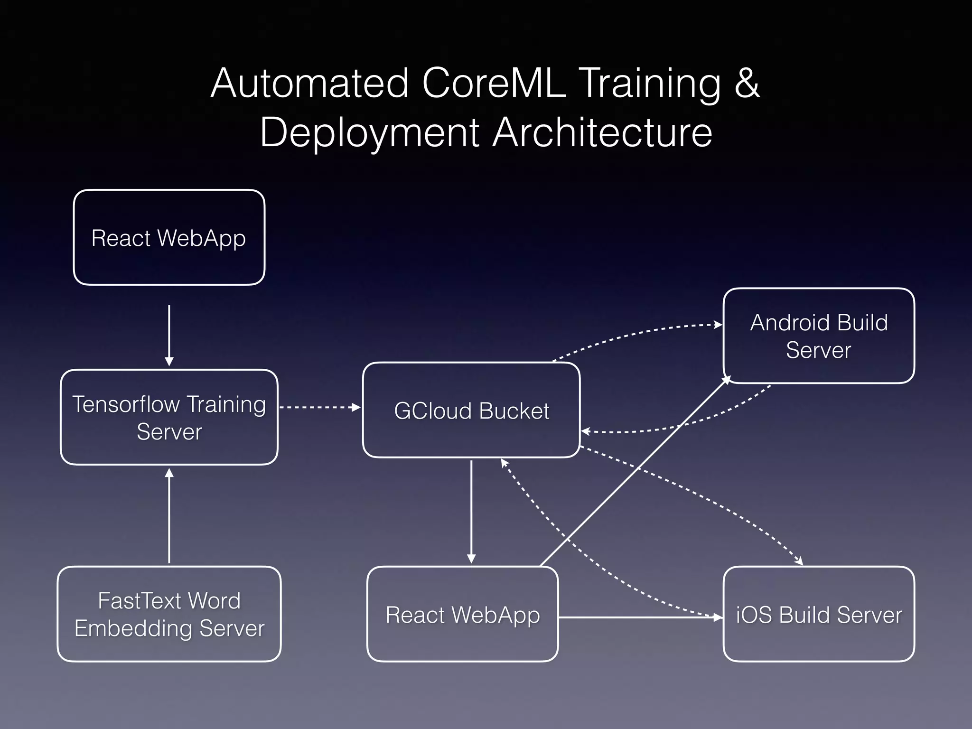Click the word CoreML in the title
[494, 84]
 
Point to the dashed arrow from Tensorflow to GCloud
[319, 407]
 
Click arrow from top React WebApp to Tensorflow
[169, 335]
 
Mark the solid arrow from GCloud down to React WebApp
[471, 510]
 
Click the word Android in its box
[790, 323]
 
